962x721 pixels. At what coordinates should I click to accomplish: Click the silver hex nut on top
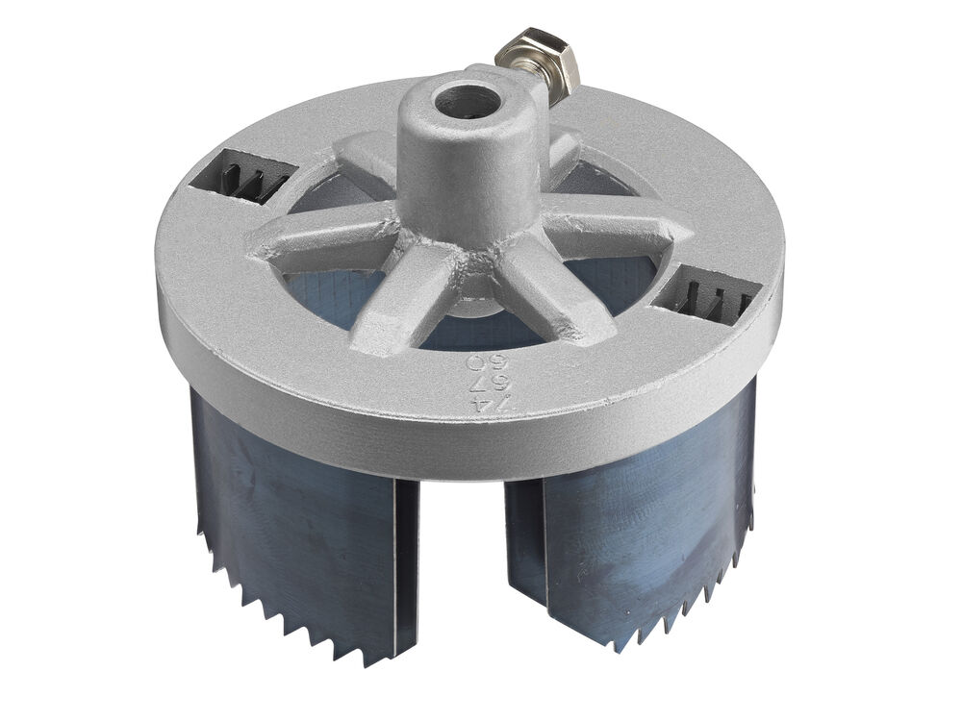click(538, 62)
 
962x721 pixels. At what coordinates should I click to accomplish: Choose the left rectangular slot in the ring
click(240, 177)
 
